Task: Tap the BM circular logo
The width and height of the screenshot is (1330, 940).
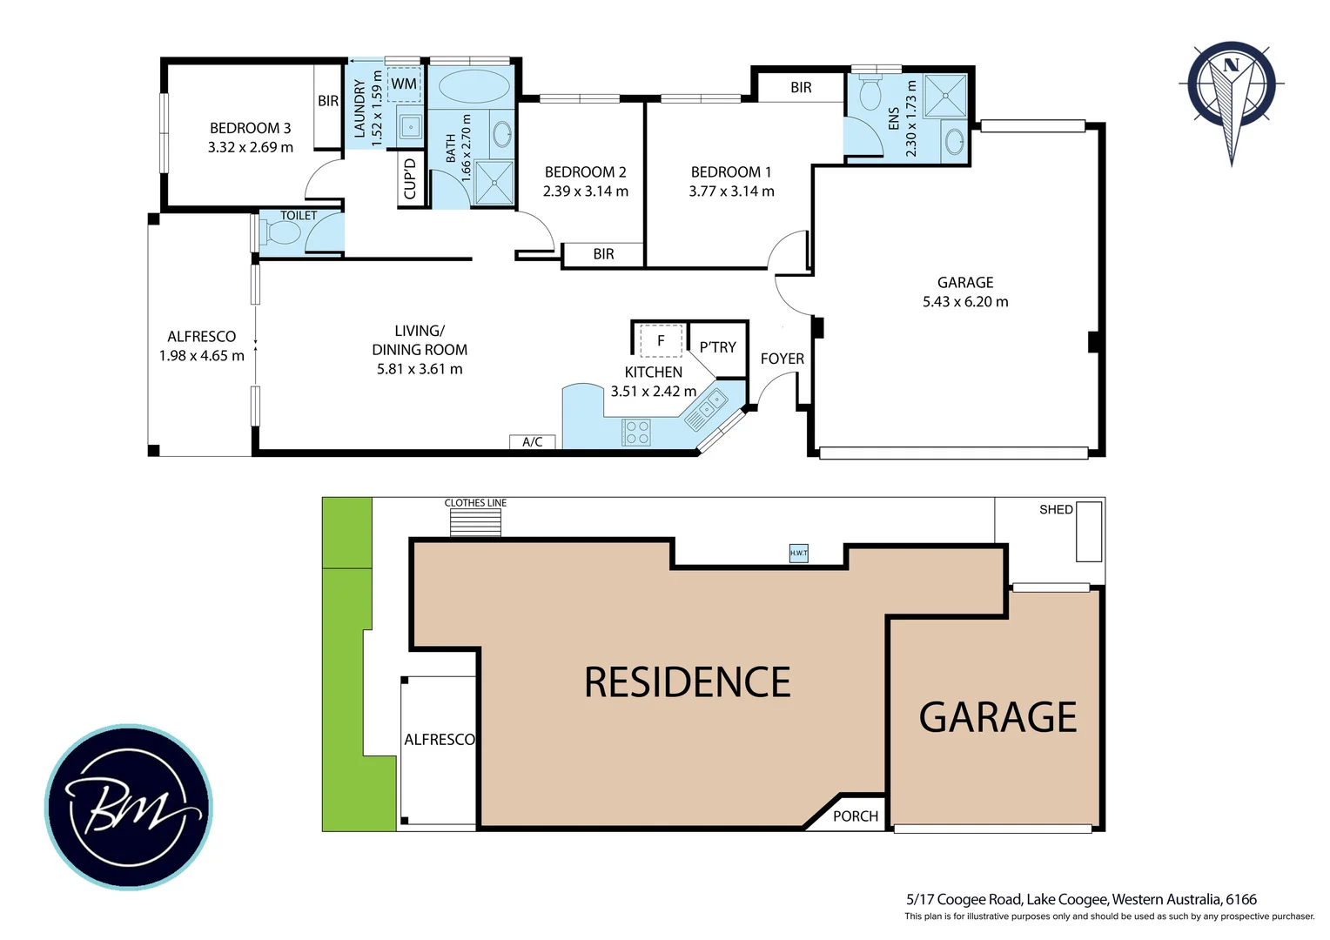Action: point(128,807)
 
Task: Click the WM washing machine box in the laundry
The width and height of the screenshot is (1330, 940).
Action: point(404,84)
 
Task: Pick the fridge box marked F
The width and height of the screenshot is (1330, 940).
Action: point(661,341)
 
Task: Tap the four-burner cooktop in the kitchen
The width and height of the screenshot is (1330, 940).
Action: point(636,433)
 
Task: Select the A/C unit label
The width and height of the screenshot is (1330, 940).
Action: point(532,442)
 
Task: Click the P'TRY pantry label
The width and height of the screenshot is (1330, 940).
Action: point(717,347)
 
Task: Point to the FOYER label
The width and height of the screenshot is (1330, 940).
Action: point(782,359)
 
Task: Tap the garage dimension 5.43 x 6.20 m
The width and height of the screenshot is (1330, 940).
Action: point(965,302)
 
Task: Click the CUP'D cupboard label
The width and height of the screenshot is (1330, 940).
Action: point(410,178)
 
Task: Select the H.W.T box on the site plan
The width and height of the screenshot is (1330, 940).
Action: point(798,553)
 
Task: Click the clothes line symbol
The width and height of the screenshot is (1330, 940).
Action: point(475,522)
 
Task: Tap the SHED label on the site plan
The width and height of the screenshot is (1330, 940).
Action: point(1055,509)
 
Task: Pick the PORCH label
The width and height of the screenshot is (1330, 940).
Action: point(855,816)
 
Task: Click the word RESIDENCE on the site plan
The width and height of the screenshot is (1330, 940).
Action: point(687,682)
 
